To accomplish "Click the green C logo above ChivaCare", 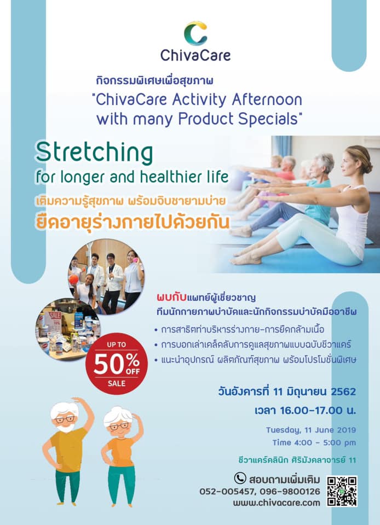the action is [195, 33].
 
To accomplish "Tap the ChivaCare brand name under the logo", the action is [195, 55].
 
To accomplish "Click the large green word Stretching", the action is [94, 153].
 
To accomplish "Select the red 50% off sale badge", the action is [116, 364].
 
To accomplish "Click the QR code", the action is [342, 491].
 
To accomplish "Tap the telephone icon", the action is [240, 479].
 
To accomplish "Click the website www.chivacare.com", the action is [277, 503].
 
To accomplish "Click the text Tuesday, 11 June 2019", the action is [310, 430].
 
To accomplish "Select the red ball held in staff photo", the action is [73, 279].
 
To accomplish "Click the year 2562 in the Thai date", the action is [343, 392].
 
